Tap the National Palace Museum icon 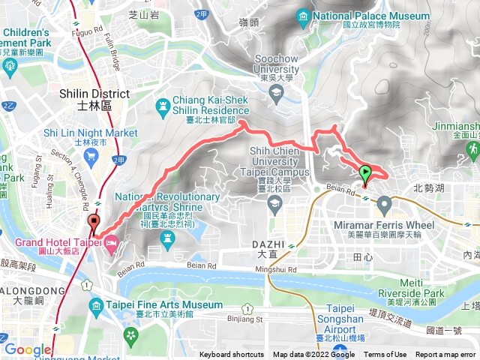[x=302, y=16]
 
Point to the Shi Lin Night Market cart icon [x=92, y=156]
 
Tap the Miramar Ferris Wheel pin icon [x=385, y=203]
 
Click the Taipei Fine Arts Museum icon [x=96, y=306]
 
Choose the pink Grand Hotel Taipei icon [x=112, y=244]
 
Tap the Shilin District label [x=94, y=99]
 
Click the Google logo [x=27, y=349]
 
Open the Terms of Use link [x=385, y=355]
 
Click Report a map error [x=446, y=355]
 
